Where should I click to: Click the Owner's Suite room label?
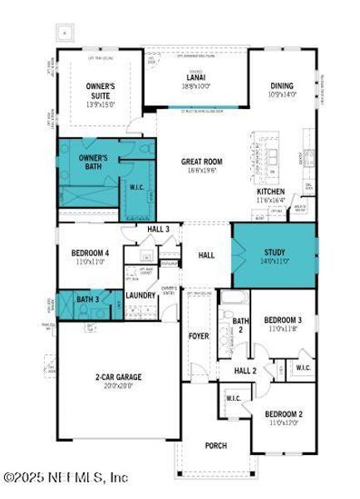tap(101, 90)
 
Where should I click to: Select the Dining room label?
tap(283, 85)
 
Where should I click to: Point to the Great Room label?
tap(201, 162)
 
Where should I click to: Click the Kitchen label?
tap(270, 192)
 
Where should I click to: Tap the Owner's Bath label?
tap(93, 161)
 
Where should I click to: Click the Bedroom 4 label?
tap(90, 253)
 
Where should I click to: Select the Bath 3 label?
tap(87, 299)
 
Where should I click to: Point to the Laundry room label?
tap(141, 295)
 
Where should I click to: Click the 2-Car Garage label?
tap(118, 377)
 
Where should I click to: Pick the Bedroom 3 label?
tap(283, 320)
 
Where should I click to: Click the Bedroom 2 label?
tap(283, 413)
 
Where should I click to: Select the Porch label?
tap(216, 446)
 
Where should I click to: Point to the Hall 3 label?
tap(159, 229)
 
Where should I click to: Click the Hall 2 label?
tap(244, 371)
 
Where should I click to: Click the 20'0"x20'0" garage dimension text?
tap(118, 386)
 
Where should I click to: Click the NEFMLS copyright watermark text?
tap(67, 477)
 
